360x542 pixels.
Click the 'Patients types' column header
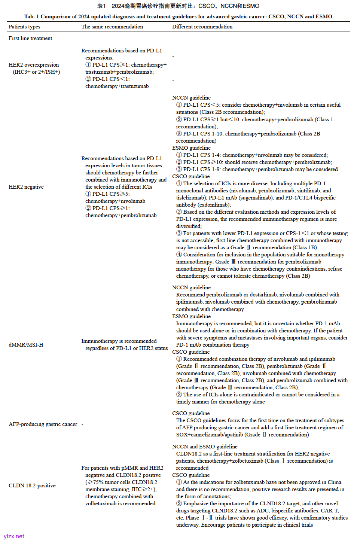pyautogui.click(x=24, y=27)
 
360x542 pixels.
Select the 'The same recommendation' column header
pyautogui.click(x=112, y=27)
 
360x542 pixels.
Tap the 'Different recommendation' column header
pyautogui.click(x=202, y=27)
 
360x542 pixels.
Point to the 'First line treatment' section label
pyautogui.click(x=30, y=38)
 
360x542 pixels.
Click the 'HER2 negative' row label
pyautogui.click(x=26, y=187)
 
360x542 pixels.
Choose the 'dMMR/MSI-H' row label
pyautogui.click(x=26, y=345)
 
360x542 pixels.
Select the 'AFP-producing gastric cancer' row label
pyautogui.click(x=43, y=424)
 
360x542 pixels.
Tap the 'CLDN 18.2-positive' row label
pyautogui.click(x=32, y=485)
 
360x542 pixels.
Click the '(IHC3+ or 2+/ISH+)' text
pyautogui.click(x=36, y=72)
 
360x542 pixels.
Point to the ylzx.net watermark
pyautogui.click(x=14, y=536)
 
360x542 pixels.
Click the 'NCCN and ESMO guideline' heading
pyautogui.click(x=205, y=447)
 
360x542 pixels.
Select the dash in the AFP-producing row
pyautogui.click(x=82, y=424)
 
